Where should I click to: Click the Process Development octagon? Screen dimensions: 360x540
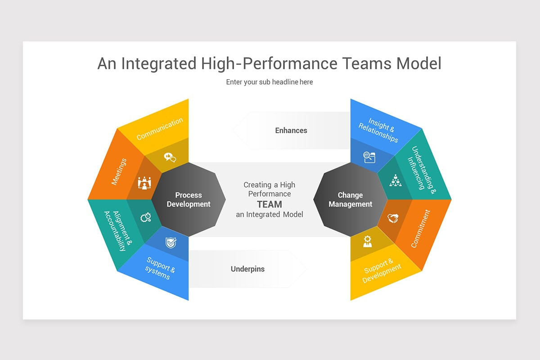188,199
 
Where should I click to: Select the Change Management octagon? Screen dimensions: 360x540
350,199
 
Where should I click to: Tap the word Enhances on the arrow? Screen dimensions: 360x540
291,130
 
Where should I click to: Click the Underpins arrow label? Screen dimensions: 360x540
247,269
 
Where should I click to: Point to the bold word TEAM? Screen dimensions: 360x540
270,204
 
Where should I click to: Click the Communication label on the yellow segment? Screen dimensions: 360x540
160,128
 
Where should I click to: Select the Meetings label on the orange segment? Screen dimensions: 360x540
119,171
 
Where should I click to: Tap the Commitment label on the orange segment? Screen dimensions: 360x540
421,229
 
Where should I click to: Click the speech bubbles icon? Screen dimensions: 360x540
170,157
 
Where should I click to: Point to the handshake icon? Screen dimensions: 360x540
393,218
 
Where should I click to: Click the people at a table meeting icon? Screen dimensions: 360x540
144,182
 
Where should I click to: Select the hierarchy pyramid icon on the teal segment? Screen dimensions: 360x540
395,180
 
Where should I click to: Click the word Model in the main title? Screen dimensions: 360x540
419,63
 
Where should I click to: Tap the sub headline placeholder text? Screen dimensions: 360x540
269,82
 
